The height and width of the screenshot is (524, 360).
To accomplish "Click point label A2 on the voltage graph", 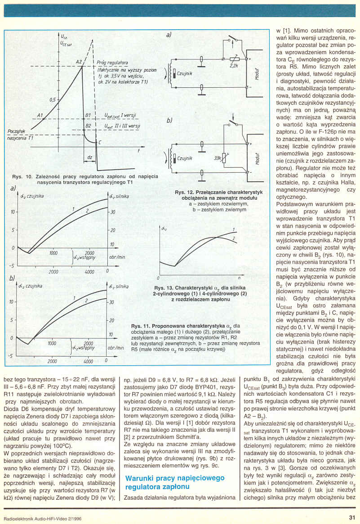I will (x=79, y=62).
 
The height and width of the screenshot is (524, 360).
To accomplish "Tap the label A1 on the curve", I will (x=40, y=116).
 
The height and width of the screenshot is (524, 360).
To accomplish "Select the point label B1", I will (x=88, y=116).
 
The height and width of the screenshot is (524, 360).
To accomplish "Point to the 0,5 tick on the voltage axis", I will (x=53, y=100).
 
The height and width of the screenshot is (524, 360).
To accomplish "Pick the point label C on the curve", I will (x=99, y=143).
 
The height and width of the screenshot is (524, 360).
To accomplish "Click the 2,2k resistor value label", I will (x=233, y=66).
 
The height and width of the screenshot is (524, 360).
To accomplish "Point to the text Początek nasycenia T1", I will (x=18, y=134).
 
